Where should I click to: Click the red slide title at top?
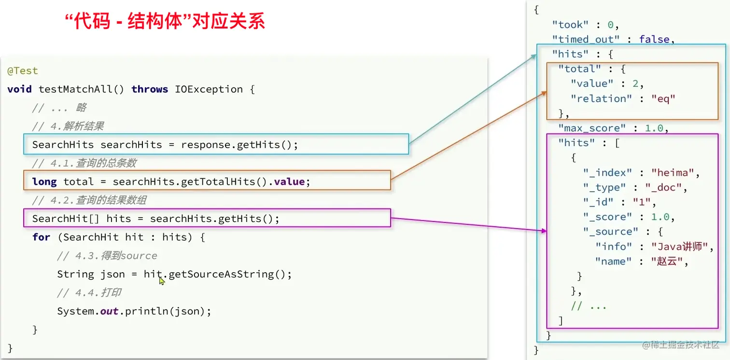(x=165, y=22)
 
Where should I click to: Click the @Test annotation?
(x=22, y=71)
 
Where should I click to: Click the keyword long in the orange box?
(x=44, y=182)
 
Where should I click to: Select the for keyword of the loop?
(x=41, y=237)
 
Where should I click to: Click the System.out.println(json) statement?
(x=134, y=311)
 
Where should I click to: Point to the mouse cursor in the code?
(x=162, y=280)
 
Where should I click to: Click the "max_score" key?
(x=592, y=128)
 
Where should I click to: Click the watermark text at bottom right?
(x=681, y=345)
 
